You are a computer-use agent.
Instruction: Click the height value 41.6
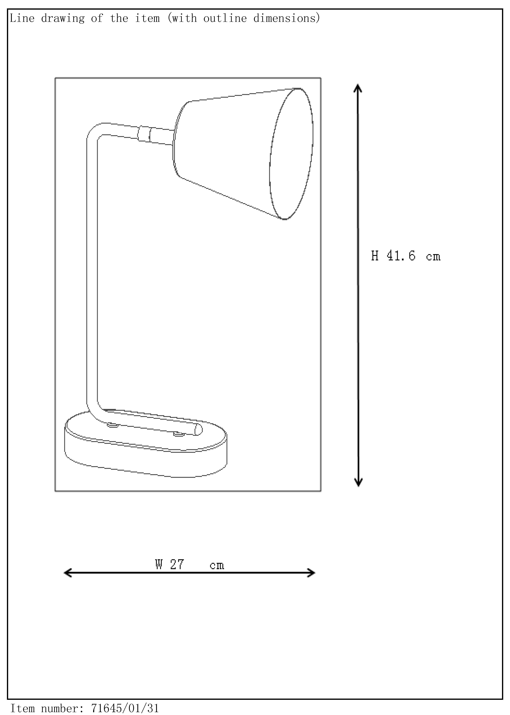(401, 256)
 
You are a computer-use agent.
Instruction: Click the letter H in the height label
(375, 256)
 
